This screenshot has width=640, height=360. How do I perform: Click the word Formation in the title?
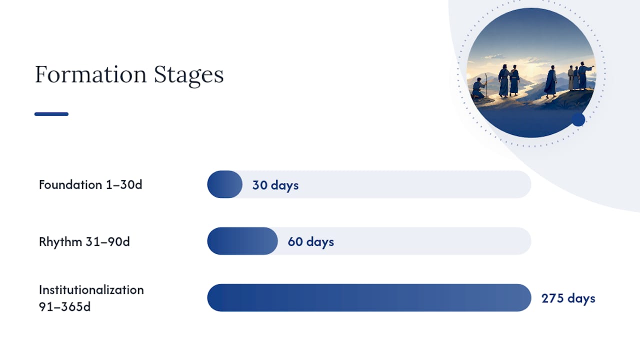91,74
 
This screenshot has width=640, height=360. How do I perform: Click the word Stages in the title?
189,75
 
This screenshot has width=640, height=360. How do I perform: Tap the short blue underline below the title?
51,114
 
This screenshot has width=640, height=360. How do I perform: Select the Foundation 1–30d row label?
90,184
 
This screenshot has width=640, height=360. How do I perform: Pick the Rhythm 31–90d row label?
84,241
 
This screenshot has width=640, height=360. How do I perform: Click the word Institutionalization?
91,289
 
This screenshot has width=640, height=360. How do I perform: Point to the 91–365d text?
64,306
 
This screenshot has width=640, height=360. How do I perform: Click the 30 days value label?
275,185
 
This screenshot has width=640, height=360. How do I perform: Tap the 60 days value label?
311,241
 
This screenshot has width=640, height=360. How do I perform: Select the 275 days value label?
568,298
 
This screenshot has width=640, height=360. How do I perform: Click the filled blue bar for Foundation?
225,184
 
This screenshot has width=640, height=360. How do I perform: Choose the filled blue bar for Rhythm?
242,241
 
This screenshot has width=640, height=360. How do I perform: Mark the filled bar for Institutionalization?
369,297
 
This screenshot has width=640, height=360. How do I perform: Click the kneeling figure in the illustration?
478,88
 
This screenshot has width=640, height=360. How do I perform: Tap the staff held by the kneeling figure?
485,85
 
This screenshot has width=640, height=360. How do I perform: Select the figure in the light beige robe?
571,77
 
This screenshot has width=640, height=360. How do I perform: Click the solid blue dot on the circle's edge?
578,119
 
